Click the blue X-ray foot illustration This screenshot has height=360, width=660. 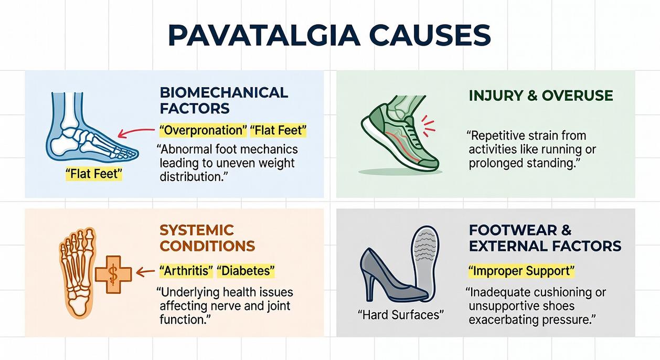click(x=89, y=129)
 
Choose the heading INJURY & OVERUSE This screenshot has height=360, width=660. click(x=540, y=96)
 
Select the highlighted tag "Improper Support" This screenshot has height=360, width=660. click(x=521, y=271)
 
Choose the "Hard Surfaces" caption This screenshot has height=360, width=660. click(x=401, y=315)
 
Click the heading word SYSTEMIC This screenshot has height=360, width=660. click(x=197, y=230)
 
